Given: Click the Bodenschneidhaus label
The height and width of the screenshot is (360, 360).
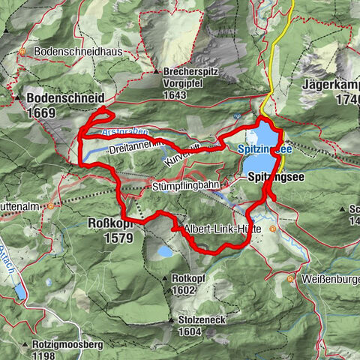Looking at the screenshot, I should (x=74, y=52).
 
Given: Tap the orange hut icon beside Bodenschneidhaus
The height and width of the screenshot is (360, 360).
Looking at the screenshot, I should (x=23, y=52).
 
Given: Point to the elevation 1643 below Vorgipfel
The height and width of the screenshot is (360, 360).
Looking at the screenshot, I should (x=175, y=95).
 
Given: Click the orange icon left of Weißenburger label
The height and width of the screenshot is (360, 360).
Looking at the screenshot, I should (x=291, y=278).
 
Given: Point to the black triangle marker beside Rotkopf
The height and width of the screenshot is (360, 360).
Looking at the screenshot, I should (x=164, y=280).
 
